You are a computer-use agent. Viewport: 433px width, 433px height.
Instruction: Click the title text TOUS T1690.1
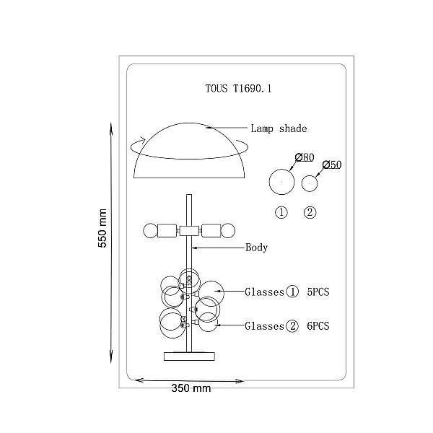coord(238,89)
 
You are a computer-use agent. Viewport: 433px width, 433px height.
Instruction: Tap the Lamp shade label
coord(279,128)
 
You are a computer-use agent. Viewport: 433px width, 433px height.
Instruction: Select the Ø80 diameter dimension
coord(305,157)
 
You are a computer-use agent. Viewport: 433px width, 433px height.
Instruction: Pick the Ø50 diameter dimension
coord(332,165)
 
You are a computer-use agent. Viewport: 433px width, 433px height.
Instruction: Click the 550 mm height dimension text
coord(102,228)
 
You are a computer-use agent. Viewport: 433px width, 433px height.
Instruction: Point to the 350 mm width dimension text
coord(191,388)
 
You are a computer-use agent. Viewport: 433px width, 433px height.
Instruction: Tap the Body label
coord(256,248)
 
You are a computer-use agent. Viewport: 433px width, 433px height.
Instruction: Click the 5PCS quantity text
coord(318,292)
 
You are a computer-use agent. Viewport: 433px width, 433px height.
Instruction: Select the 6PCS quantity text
coord(318,326)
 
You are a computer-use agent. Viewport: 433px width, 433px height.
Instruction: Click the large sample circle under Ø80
coord(281,170)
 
